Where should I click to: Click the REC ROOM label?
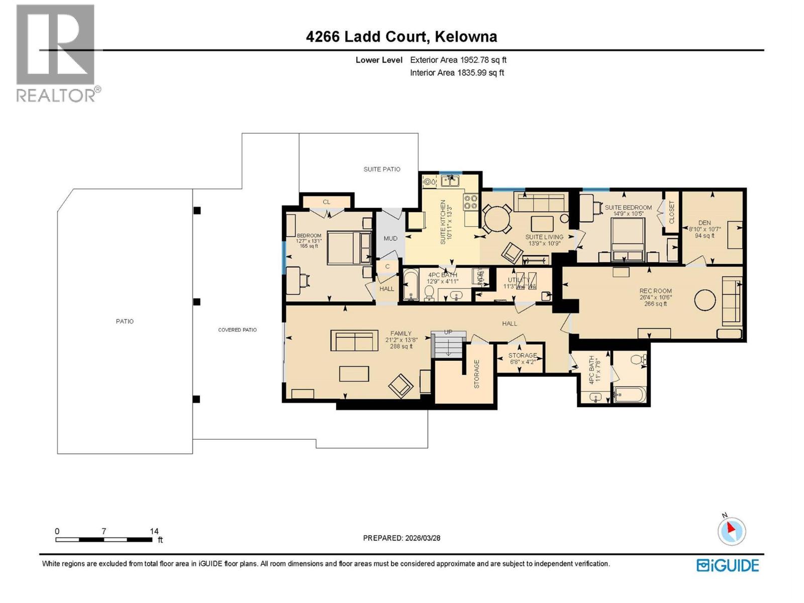click(655, 291)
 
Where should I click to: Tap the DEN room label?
click(705, 223)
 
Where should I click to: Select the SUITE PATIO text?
click(382, 169)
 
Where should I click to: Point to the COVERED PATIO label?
click(237, 330)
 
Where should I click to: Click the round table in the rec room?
click(705, 300)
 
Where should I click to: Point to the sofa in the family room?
click(354, 341)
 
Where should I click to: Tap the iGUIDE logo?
click(728, 565)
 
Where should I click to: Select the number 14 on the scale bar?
click(154, 531)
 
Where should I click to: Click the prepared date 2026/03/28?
click(422, 538)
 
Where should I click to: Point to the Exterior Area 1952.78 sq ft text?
click(458, 60)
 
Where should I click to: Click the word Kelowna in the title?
click(466, 37)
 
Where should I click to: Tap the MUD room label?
click(390, 238)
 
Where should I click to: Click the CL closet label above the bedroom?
click(327, 202)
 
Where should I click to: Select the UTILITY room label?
click(519, 280)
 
